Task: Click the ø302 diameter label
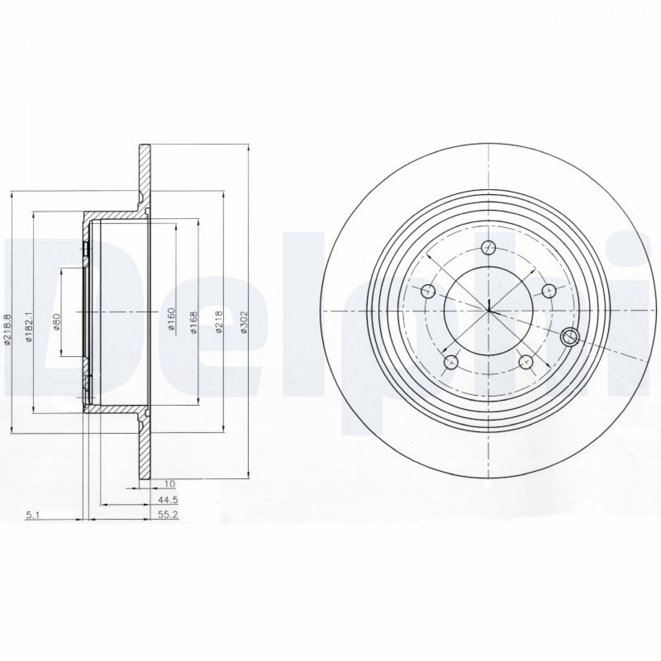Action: coord(244,321)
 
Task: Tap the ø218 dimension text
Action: coord(219,321)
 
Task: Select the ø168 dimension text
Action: coord(195,322)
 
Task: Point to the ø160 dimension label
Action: coord(172,319)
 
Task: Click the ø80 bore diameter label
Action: coord(57,321)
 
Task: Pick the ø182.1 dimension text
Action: coord(29,326)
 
